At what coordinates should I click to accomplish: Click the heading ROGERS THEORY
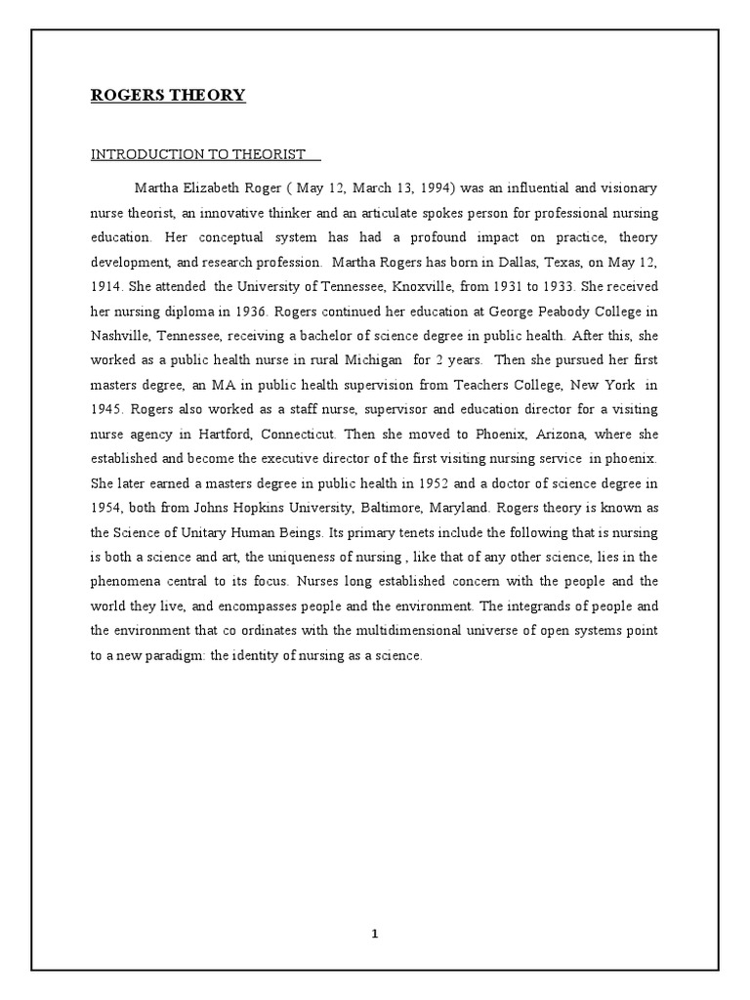tap(168, 96)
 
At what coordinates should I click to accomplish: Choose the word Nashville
tap(121, 338)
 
